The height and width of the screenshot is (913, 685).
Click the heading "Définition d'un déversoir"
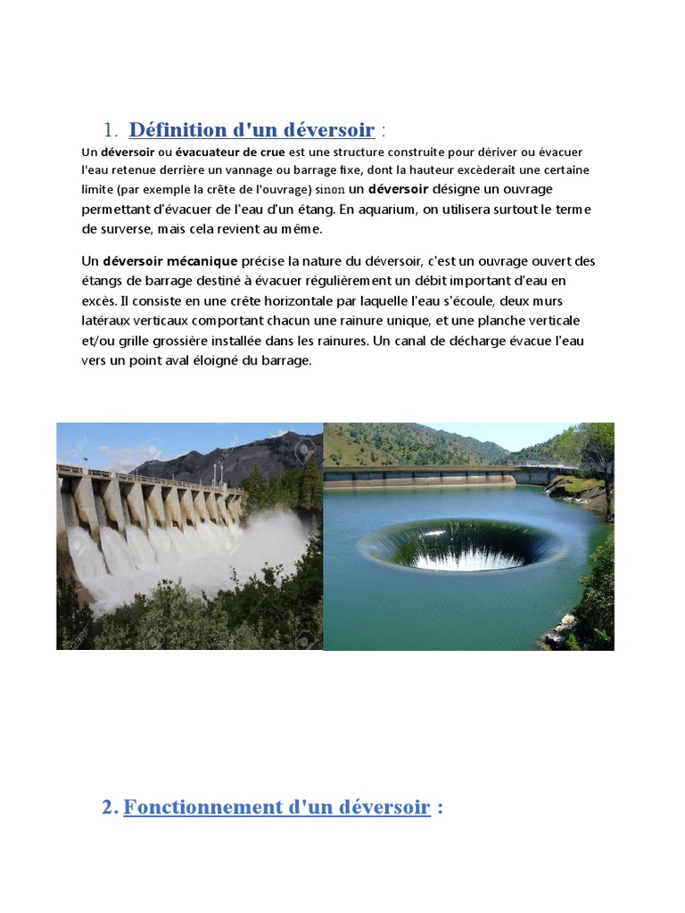click(252, 130)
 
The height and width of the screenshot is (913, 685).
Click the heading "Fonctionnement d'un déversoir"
click(276, 808)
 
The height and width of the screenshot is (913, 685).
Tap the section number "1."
click(112, 130)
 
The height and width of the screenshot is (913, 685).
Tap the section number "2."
click(110, 808)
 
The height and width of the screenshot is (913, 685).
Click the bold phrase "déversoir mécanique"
click(170, 261)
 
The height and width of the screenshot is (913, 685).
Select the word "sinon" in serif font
click(331, 190)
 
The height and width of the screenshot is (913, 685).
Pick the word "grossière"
click(189, 341)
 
